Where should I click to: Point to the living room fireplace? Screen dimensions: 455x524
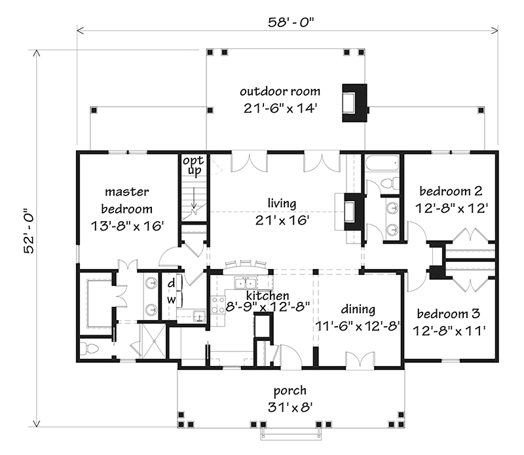coord(351,211)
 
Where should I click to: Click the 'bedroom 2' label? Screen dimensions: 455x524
coord(451,191)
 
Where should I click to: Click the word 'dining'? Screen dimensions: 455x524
coord(358,309)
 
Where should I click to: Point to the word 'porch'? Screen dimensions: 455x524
coord(290,391)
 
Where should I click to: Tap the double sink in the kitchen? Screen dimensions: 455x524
coord(246,283)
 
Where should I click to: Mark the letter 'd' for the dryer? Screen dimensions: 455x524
coord(171,283)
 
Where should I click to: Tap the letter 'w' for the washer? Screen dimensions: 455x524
coord(171,299)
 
